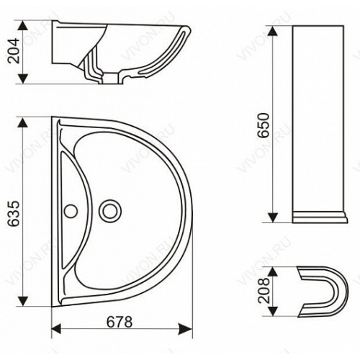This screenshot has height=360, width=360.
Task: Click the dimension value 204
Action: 14,50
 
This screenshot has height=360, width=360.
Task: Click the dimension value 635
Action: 14,214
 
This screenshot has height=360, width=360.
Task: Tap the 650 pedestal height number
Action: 264,125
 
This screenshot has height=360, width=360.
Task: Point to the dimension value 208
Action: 264,290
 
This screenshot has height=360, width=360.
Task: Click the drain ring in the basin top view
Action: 110,211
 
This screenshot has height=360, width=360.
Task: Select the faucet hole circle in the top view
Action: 71,211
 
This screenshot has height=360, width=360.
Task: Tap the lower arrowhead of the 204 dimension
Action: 23,78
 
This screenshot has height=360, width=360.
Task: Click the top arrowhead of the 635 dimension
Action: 23,122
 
